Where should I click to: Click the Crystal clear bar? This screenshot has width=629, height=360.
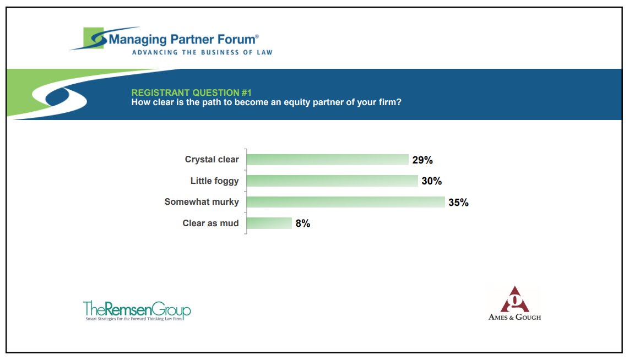pyautogui.click(x=327, y=160)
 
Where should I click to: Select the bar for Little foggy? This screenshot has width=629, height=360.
pyautogui.click(x=332, y=181)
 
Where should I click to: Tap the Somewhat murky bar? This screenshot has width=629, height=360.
pyautogui.click(x=345, y=201)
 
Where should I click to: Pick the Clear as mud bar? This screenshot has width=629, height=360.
pyautogui.click(x=269, y=223)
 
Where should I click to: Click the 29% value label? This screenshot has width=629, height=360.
pyautogui.click(x=422, y=160)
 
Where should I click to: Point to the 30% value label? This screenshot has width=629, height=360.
pyautogui.click(x=432, y=181)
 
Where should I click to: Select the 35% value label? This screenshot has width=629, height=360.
pyautogui.click(x=458, y=202)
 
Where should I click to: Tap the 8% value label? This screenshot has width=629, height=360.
pyautogui.click(x=303, y=223)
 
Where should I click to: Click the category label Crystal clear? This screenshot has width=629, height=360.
pyautogui.click(x=212, y=160)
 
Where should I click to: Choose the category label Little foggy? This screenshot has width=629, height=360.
pyautogui.click(x=215, y=181)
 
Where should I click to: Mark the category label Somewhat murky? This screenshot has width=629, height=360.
pyautogui.click(x=202, y=201)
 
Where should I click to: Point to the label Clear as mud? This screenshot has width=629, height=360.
pyautogui.click(x=211, y=223)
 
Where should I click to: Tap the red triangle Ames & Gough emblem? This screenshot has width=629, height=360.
pyautogui.click(x=514, y=299)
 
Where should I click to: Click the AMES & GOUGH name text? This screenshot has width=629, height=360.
pyautogui.click(x=514, y=317)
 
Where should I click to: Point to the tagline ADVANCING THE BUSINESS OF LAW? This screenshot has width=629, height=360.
pyautogui.click(x=202, y=52)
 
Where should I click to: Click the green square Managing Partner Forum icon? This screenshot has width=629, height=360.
pyautogui.click(x=94, y=37)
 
